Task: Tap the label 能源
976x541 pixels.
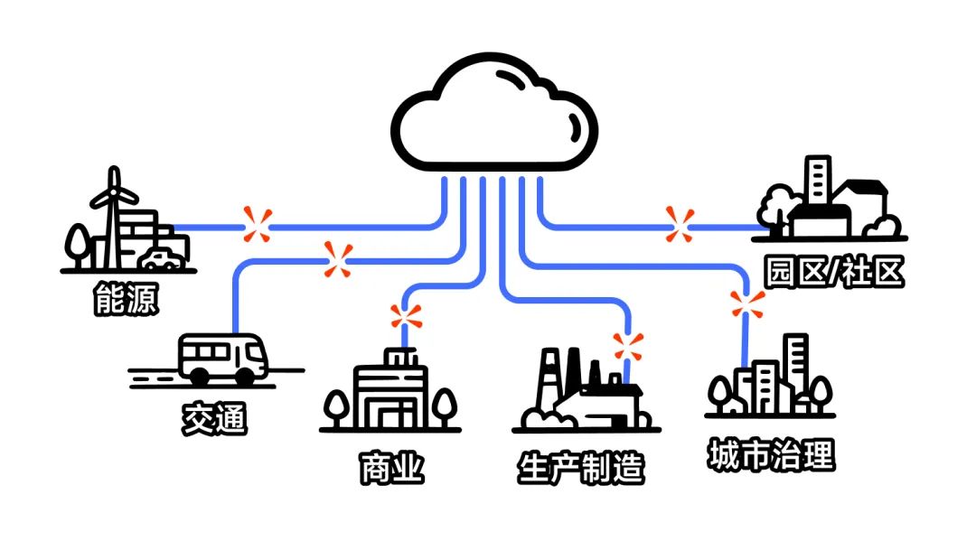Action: pos(127,300)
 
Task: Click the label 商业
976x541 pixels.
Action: pos(390,469)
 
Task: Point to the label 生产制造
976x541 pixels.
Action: pos(581,469)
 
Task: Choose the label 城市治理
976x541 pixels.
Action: pos(770,455)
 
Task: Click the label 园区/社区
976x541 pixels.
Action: pos(833,272)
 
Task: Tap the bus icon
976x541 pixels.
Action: pos(222,359)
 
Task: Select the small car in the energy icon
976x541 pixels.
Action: pos(162,261)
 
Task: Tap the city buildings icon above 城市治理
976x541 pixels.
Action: pos(770,379)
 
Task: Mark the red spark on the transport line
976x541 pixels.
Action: pos(339,260)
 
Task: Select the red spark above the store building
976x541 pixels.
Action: pos(406,317)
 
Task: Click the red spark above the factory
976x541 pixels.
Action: pos(627,346)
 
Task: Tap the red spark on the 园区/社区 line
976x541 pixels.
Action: pos(680,224)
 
